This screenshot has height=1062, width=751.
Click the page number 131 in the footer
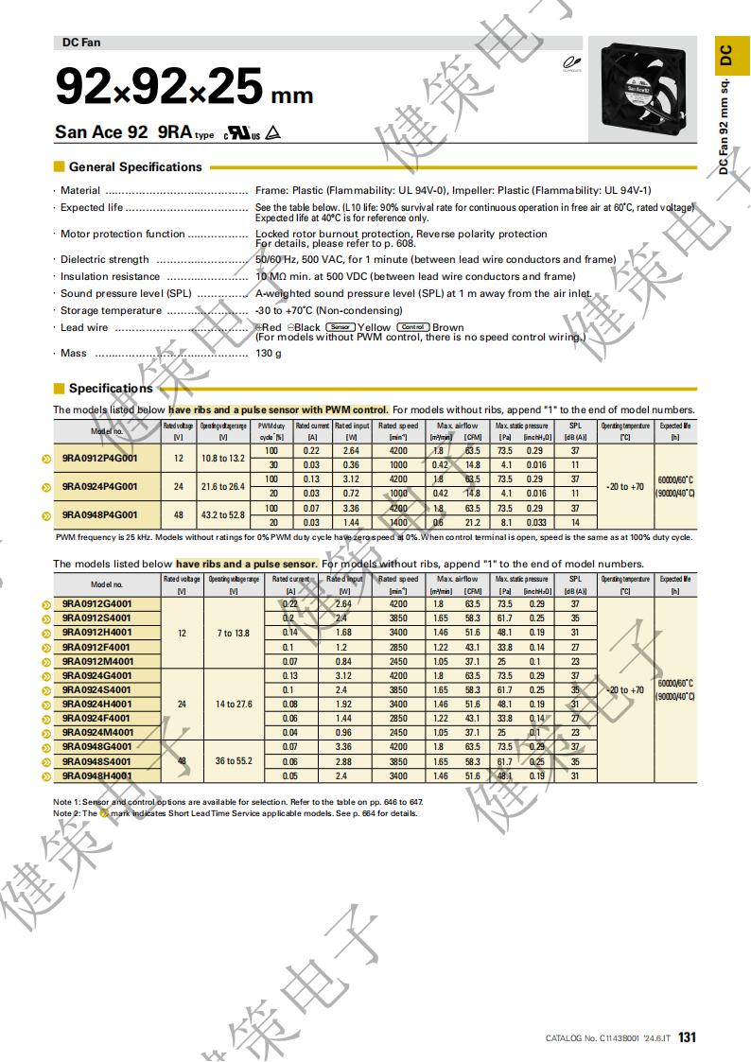688,1037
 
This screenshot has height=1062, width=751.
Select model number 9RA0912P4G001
100,459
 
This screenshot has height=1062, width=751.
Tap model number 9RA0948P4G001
100,515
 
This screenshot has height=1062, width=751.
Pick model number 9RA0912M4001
97,661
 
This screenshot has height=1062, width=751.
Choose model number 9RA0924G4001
97,675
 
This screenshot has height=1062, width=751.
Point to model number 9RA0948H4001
97,775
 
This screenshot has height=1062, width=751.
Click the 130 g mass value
269,354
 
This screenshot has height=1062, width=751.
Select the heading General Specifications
135,167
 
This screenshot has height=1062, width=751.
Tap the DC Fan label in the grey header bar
81,43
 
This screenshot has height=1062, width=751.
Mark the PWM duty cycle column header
272,431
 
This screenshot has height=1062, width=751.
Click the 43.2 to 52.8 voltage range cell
223,515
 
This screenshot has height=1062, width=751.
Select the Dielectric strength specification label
105,259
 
